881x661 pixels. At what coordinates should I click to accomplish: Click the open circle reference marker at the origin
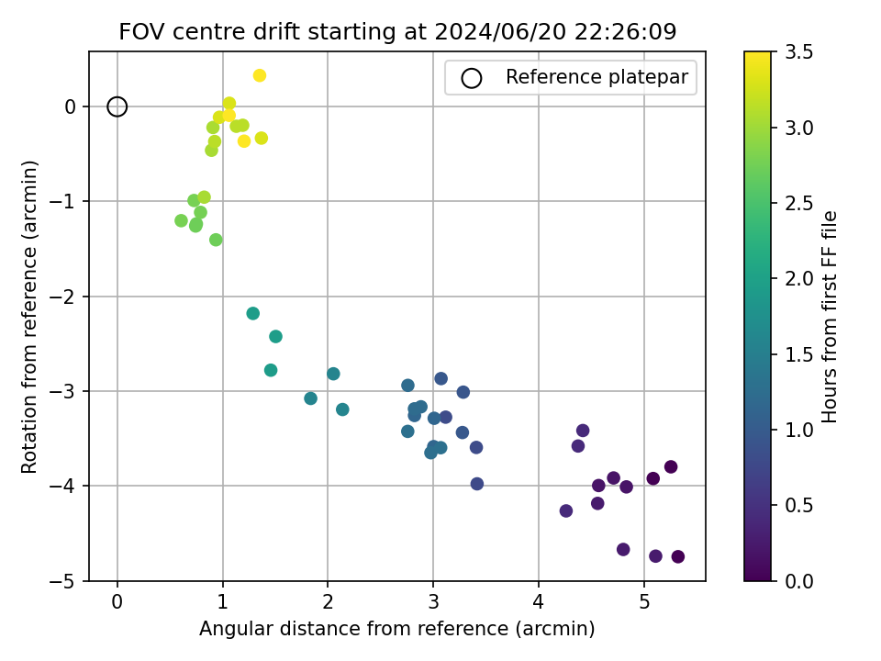tap(117, 106)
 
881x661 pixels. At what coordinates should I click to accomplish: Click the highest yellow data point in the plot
tap(260, 75)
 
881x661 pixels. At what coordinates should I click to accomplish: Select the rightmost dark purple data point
tap(678, 556)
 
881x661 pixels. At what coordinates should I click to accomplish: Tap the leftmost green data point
tap(181, 220)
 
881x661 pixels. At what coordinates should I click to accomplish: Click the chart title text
tap(397, 32)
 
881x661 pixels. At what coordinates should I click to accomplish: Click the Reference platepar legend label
tap(597, 78)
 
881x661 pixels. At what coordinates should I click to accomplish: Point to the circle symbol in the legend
tap(472, 78)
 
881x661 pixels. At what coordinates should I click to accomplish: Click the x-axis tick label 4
tap(539, 602)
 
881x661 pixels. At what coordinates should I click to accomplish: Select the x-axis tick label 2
tap(328, 602)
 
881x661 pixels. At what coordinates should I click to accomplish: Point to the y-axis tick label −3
tap(69, 391)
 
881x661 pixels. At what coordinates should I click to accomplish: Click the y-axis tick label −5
tap(69, 581)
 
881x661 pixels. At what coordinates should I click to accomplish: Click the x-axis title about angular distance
tap(397, 629)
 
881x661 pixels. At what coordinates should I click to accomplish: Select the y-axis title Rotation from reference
tap(29, 317)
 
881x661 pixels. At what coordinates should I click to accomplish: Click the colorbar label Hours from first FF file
tap(830, 317)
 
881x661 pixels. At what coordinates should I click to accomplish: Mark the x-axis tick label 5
tap(644, 602)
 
